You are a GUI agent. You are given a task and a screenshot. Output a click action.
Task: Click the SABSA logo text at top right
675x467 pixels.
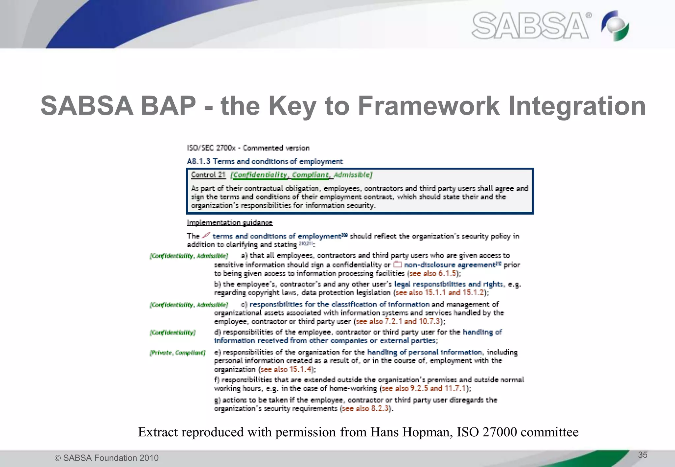coord(530,26)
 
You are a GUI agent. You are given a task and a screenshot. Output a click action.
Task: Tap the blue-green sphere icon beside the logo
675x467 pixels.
coord(615,26)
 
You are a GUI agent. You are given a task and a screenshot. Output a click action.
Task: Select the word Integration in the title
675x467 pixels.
coord(577,106)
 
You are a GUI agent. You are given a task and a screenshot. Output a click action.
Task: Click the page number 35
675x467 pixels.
coord(642,455)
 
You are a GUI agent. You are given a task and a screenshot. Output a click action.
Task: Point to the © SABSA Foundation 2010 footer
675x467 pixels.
coord(106,458)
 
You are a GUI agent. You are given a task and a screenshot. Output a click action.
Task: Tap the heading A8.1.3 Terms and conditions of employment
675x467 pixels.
coord(265,161)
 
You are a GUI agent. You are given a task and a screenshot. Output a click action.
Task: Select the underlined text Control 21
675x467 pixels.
coord(208,175)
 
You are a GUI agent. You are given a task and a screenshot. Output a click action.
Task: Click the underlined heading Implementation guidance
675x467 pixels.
coord(230,223)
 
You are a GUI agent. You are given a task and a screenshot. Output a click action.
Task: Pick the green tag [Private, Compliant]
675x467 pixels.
coord(178,353)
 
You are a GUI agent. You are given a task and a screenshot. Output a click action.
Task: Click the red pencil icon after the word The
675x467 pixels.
coord(206,235)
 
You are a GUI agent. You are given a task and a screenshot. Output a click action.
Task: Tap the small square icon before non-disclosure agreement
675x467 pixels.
coord(397,264)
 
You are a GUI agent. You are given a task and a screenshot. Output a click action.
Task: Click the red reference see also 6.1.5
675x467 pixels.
coord(433,273)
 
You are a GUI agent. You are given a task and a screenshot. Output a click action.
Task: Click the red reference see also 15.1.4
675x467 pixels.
coord(286,369)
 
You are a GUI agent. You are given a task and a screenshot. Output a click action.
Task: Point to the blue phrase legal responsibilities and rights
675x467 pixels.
coord(449,284)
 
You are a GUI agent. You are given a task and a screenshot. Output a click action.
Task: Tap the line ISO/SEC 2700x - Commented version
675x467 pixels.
coord(248,148)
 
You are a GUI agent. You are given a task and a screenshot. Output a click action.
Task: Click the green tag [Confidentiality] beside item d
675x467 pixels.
coord(172,332)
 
